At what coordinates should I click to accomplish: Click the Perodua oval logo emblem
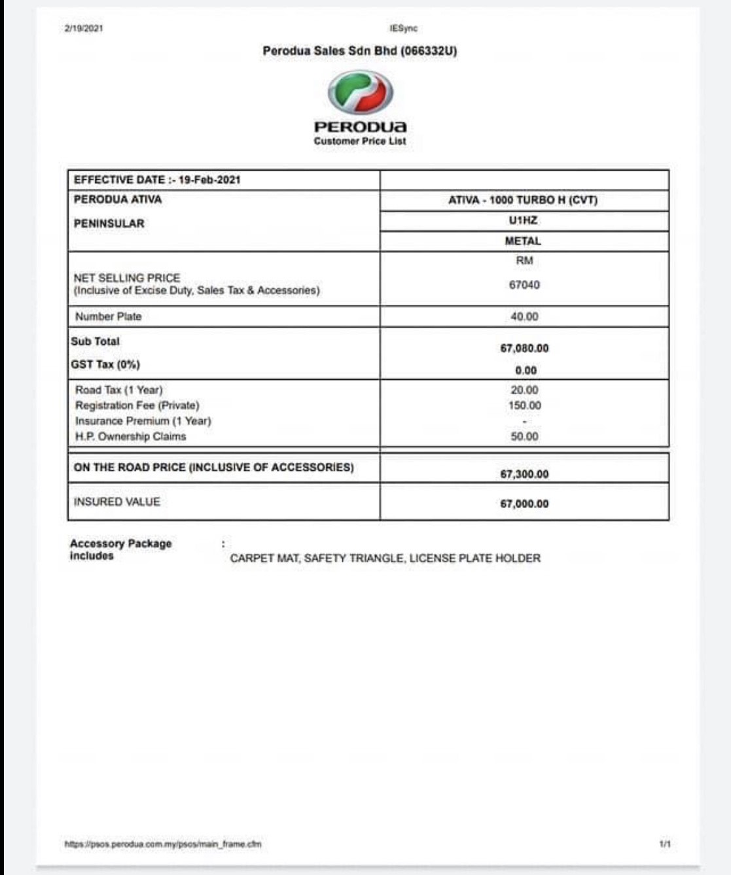[x=360, y=93]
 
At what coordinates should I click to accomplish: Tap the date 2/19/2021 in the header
[x=83, y=29]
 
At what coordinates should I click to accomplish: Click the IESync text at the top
[x=403, y=29]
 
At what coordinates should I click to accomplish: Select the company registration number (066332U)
[x=429, y=51]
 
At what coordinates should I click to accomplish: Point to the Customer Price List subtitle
[x=360, y=141]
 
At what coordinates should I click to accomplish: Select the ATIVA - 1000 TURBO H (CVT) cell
[x=523, y=200]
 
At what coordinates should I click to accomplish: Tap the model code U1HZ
[x=523, y=220]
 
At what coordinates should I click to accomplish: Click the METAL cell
[x=523, y=241]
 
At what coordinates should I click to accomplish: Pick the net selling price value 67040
[x=524, y=285]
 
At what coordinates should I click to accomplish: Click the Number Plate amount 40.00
[x=524, y=317]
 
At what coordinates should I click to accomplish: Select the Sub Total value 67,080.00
[x=524, y=349]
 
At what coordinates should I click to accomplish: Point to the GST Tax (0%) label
[x=105, y=364]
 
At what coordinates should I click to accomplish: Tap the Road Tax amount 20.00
[x=524, y=390]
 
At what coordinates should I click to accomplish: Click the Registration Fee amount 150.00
[x=524, y=405]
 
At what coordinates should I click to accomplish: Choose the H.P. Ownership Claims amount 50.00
[x=524, y=436]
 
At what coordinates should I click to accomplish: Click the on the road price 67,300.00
[x=524, y=474]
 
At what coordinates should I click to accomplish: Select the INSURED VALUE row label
[x=116, y=502]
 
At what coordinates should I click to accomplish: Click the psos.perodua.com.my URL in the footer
[x=163, y=844]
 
